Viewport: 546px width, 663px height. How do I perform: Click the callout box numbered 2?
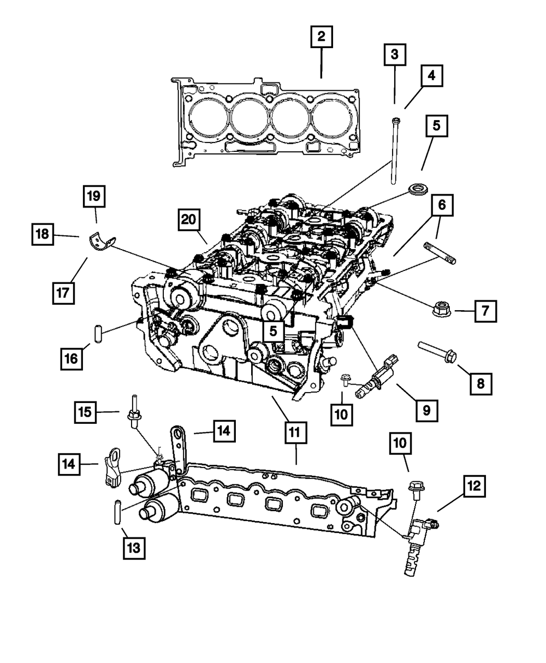tap(321, 37)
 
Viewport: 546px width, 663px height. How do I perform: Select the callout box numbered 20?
tap(188, 221)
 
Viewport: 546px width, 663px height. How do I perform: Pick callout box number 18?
tap(43, 235)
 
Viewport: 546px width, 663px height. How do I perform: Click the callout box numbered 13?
tap(134, 548)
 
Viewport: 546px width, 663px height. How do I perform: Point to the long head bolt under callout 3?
tap(393, 153)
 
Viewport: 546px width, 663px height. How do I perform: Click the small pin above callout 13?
tap(117, 511)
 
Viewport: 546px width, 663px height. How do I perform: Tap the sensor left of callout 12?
tap(418, 541)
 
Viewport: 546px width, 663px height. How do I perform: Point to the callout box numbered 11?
tap(295, 434)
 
